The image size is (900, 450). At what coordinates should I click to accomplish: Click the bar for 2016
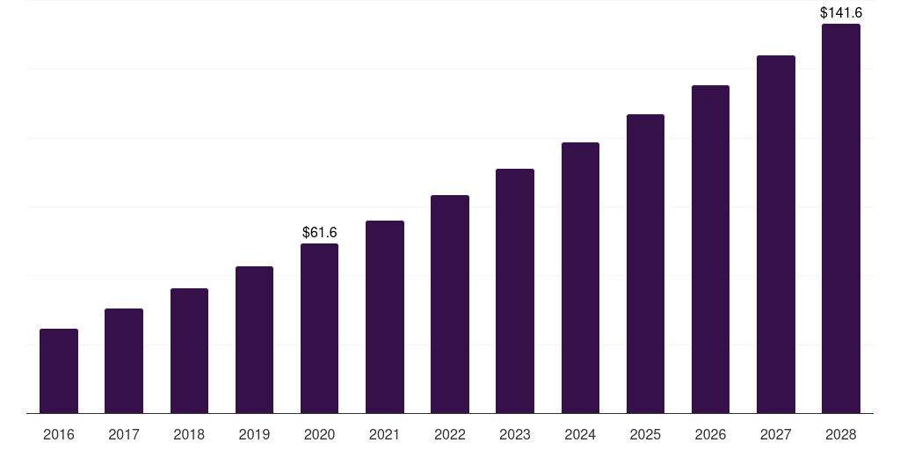[59, 371]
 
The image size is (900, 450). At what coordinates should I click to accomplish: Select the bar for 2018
[190, 351]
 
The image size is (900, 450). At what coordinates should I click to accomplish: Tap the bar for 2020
[319, 329]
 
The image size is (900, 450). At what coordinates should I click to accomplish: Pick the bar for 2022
[450, 304]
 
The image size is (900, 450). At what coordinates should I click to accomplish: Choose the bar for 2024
[580, 278]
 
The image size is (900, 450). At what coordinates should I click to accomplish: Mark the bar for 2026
[710, 249]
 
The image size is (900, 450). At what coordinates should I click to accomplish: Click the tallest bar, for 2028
[841, 219]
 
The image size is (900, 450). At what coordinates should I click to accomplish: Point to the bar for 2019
[254, 340]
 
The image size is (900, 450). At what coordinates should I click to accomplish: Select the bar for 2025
[645, 264]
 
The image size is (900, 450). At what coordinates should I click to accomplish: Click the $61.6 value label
[320, 232]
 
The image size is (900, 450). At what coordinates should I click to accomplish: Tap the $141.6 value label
[841, 12]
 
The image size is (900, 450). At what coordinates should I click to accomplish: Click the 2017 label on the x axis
[124, 434]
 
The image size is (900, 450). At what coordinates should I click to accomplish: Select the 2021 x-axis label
[385, 434]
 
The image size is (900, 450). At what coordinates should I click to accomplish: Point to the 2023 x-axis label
[515, 434]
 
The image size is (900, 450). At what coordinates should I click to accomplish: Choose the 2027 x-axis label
[776, 434]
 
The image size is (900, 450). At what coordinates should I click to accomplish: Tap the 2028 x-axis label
[841, 434]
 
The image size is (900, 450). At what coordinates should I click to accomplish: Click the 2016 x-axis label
[59, 434]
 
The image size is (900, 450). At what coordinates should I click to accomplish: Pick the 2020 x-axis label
[319, 434]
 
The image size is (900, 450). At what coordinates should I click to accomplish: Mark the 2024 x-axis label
[580, 434]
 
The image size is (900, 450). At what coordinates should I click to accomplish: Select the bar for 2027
[776, 234]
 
